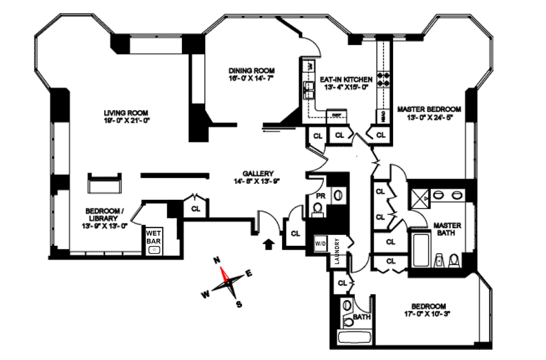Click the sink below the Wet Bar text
click(154, 250)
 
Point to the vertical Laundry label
click(338, 251)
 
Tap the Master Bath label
click(447, 229)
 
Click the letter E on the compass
click(248, 273)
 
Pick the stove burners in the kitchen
click(383, 80)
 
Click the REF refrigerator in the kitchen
click(335, 114)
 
